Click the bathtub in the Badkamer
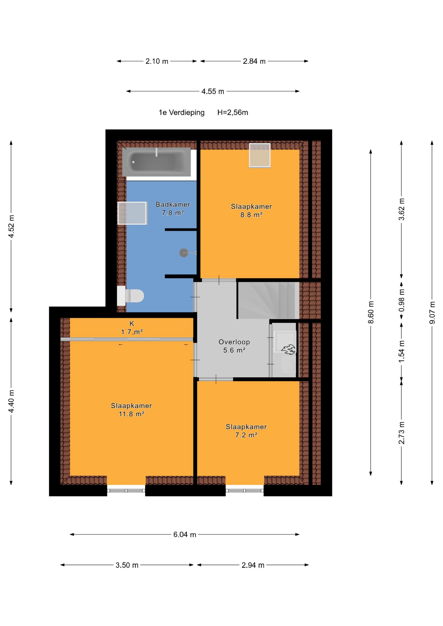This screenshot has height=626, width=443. (x=156, y=162)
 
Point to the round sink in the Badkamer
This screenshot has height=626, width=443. (x=184, y=253)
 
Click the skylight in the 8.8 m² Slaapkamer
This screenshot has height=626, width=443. (x=260, y=155)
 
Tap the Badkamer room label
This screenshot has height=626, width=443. (x=173, y=204)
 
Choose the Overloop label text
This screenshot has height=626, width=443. (x=234, y=342)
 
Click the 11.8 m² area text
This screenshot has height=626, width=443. (x=131, y=414)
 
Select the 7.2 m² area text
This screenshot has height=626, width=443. (x=246, y=435)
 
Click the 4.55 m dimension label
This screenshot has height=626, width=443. (x=213, y=91)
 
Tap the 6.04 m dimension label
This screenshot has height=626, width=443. (x=185, y=534)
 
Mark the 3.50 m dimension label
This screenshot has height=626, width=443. (x=127, y=565)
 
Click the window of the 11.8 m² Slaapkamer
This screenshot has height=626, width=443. (x=126, y=491)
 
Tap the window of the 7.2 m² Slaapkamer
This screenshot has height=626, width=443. (x=244, y=491)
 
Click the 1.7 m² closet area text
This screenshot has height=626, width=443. (x=132, y=332)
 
